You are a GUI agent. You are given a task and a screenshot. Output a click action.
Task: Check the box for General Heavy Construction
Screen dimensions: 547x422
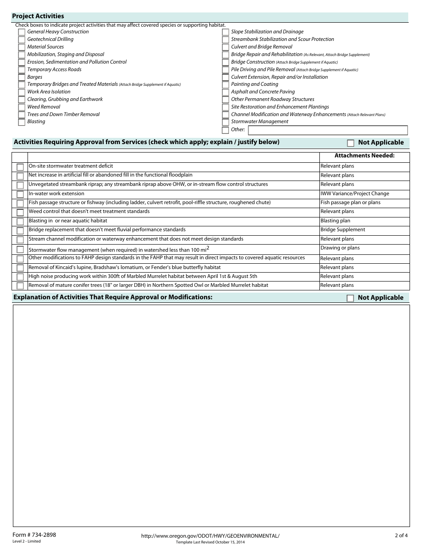[x=22, y=32]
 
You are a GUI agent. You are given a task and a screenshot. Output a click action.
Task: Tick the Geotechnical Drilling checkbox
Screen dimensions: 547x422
[x=22, y=40]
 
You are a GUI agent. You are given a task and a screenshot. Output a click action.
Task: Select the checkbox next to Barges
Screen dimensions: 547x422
[x=22, y=77]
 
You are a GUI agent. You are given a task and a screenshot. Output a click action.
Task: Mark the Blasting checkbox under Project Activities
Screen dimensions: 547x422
[x=22, y=122]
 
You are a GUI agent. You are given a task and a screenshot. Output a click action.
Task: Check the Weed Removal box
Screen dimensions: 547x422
[x=22, y=107]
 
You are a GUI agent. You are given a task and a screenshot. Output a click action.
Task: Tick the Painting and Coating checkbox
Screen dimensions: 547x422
[x=226, y=84]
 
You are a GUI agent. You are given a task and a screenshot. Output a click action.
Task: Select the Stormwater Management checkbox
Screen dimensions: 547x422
[x=226, y=122]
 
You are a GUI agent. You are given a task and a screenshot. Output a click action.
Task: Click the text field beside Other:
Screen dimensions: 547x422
[x=327, y=130]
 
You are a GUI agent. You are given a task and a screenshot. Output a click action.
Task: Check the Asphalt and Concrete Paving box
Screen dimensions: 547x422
[x=226, y=92]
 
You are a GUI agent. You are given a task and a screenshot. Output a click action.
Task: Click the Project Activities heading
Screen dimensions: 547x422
[x=38, y=16]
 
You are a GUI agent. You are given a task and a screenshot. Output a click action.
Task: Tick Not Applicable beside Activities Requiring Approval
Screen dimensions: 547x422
[x=350, y=143]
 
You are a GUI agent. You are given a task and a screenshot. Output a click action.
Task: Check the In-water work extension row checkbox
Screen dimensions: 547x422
[x=20, y=194]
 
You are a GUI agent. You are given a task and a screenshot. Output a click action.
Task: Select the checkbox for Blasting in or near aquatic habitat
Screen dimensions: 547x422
[x=20, y=221]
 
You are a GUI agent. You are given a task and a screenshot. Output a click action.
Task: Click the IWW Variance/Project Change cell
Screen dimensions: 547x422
[x=354, y=194]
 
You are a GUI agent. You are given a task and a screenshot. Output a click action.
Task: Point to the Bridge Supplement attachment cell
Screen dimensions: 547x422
[x=342, y=230]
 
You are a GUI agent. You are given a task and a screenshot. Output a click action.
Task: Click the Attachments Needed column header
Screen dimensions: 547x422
[x=364, y=156]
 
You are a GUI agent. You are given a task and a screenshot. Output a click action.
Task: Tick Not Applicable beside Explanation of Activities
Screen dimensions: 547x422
[x=350, y=298]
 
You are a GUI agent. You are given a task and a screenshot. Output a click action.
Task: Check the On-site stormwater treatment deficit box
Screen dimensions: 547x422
[x=20, y=167]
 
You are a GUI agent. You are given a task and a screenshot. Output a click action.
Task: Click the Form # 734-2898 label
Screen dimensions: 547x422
[x=34, y=535]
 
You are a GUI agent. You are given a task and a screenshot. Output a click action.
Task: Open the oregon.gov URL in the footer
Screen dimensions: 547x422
[x=210, y=536]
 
